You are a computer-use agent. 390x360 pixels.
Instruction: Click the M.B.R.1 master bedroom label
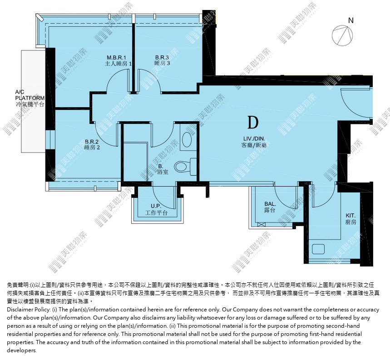118,61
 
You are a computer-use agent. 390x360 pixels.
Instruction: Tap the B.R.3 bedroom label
162,60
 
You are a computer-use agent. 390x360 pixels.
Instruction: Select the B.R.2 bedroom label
92,144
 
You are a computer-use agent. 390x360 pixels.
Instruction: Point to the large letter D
253,122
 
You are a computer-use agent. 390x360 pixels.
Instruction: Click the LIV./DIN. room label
254,142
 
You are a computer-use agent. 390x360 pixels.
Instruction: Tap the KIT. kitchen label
351,219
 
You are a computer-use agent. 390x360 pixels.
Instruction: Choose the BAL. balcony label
270,207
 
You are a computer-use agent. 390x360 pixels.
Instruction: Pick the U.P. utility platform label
156,210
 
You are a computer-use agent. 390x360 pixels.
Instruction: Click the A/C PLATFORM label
30,98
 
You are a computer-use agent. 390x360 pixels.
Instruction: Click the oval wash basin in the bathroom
187,139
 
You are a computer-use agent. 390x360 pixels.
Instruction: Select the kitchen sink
318,249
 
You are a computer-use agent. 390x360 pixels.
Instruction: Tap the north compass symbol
342,35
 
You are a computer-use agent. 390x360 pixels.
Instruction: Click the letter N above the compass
351,20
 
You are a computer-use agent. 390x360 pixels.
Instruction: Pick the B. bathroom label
163,169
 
